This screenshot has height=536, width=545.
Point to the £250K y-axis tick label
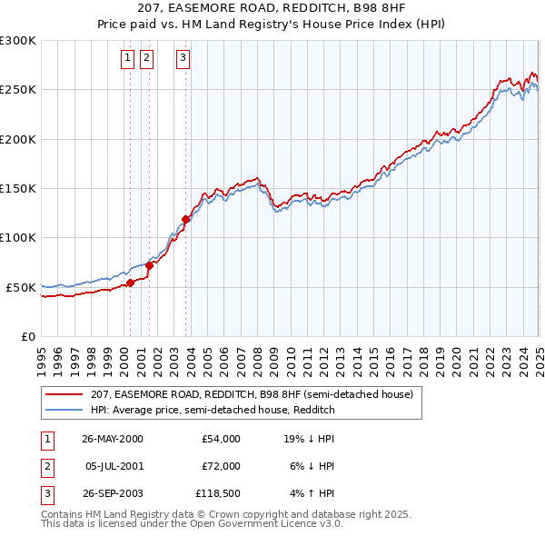pos(18,90)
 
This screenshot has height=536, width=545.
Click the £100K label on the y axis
pos(18,238)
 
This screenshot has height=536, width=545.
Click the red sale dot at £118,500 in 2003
pos(185,219)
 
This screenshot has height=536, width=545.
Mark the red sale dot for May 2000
pos(130,283)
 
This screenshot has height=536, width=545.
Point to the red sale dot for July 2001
pos(149,265)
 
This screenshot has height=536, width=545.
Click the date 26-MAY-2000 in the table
pos(113,439)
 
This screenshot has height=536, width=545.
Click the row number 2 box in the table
pos(46,466)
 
